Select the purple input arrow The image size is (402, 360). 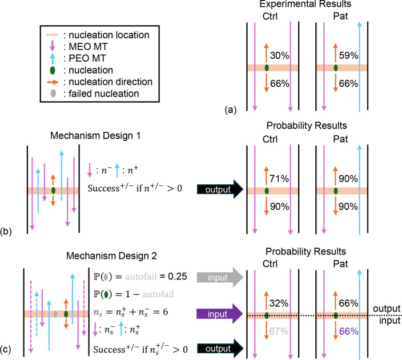(x=219, y=313)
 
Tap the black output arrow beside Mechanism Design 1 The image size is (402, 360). (x=219, y=189)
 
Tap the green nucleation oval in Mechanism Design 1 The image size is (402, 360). (x=53, y=190)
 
